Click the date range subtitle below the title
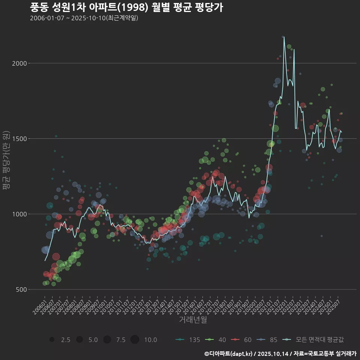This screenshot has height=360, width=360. (84, 18)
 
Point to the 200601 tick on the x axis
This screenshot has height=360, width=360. (40, 304)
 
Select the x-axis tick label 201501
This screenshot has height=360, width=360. (180, 304)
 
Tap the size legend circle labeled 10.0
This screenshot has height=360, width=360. (135, 340)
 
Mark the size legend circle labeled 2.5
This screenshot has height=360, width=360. (52, 340)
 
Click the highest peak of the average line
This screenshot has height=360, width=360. (284, 37)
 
